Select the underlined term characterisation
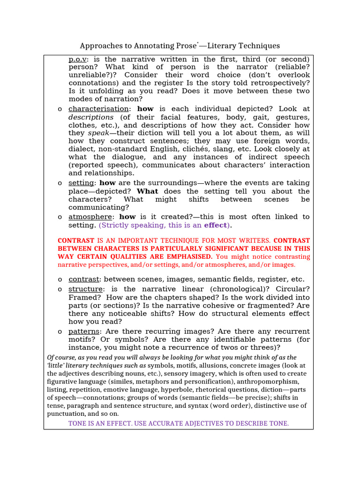98,109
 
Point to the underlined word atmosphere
90,217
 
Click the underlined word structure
85,289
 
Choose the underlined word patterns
84,331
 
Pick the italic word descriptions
91,117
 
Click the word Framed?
83,297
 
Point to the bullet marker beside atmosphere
60,217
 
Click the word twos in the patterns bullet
226,348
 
